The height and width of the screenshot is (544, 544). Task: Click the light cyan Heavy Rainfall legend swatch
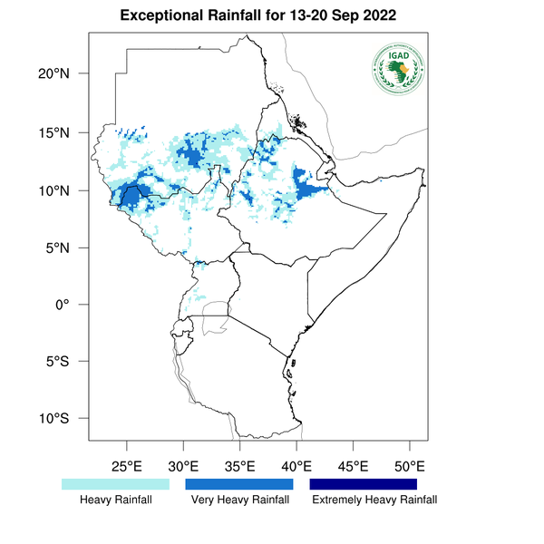(115, 484)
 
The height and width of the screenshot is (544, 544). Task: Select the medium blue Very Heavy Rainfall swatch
(239, 484)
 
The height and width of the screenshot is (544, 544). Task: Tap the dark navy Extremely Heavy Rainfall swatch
(363, 484)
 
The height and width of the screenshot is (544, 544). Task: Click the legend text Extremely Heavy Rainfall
(374, 500)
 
